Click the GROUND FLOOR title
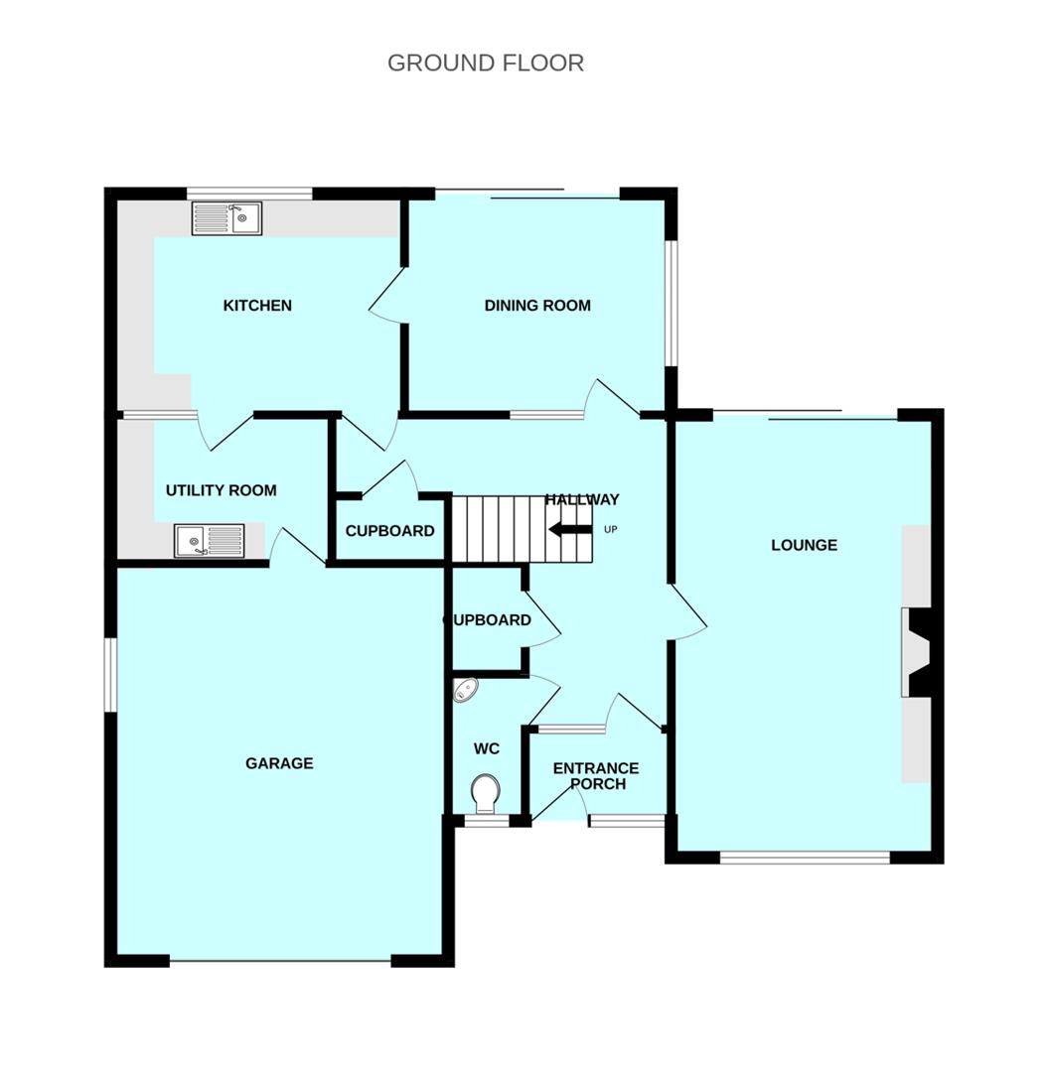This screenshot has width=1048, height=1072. coord(485,63)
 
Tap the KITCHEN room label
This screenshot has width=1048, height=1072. coord(257,305)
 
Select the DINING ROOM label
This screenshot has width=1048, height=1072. coord(537,305)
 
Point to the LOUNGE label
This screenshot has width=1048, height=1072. coord(804,545)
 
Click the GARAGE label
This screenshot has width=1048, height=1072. coord(279,763)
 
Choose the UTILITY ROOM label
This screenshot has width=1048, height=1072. coord(221,490)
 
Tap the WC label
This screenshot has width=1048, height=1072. coord(486,748)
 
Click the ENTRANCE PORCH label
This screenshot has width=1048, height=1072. coord(596,776)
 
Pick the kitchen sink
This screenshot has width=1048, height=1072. coord(226,218)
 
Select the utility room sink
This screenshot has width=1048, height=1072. coord(210,541)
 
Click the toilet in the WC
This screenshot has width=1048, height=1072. coord(485,793)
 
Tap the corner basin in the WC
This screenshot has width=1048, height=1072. coord(465,690)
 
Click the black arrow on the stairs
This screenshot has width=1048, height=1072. coord(569,529)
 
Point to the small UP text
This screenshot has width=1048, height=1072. coord(610,529)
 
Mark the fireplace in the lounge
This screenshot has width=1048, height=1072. coord(917,652)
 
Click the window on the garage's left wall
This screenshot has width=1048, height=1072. coord(111,674)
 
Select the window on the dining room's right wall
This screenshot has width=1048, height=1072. coord(671,304)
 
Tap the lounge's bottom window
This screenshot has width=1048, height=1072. coord(804,857)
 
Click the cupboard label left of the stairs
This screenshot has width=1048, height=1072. coord(389,531)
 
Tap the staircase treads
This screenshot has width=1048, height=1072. coord(497,529)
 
